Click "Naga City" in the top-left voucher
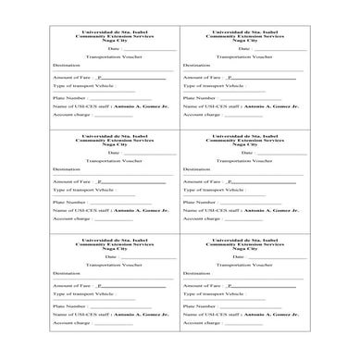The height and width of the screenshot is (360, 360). [115, 41]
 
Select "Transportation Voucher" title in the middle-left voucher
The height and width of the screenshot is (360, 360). [115, 159]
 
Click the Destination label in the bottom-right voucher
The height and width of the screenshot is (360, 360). [196, 273]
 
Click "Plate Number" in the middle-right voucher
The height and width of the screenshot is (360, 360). [201, 201]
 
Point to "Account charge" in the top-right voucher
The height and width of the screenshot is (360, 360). [203, 115]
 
